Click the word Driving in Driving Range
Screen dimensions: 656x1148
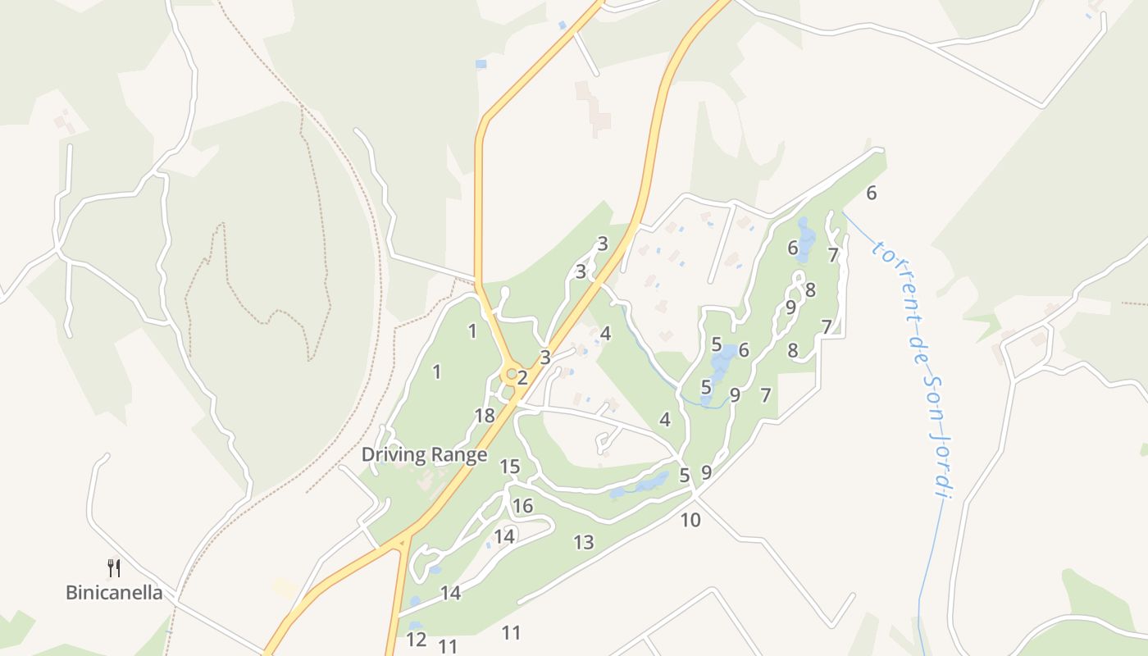click(x=390, y=454)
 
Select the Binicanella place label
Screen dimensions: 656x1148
click(x=114, y=592)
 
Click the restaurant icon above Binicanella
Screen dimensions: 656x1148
click(x=114, y=567)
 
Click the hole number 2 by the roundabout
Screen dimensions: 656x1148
click(x=522, y=379)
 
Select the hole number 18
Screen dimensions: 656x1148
click(x=485, y=416)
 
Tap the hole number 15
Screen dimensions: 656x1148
click(x=510, y=467)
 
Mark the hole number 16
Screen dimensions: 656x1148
click(x=522, y=505)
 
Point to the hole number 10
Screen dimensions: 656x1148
click(x=690, y=520)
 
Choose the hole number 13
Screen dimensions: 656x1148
click(x=583, y=542)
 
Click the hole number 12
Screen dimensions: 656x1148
click(x=417, y=640)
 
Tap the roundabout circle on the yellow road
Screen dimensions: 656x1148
click(x=511, y=375)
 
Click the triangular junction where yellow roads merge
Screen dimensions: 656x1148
click(x=403, y=541)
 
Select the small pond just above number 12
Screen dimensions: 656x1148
click(x=416, y=626)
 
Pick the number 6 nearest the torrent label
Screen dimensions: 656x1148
click(x=871, y=194)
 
